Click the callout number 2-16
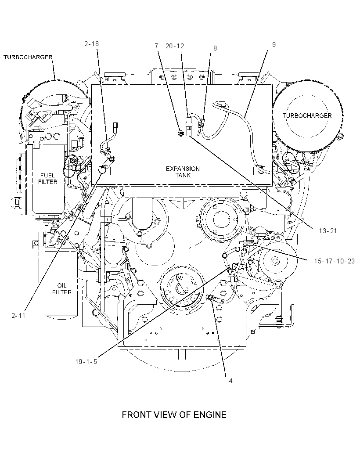pos(91,44)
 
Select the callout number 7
pos(156,46)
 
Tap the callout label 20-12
pos(175,46)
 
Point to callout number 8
pos(215,48)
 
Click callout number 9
pos(274,45)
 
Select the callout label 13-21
pos(328,231)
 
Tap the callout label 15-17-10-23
pos(335,261)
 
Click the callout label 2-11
pos(18,316)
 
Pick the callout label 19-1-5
pos(86,362)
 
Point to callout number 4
pos(231,381)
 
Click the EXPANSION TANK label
pos(183,172)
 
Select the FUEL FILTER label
pos(48,179)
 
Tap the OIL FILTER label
pos(62,289)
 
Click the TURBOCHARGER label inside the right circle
pos(307,115)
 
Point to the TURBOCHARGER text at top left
pos(28,57)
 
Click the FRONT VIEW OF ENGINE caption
pos(174,414)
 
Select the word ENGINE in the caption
pos(210,414)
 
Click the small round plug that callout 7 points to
pos(180,133)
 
